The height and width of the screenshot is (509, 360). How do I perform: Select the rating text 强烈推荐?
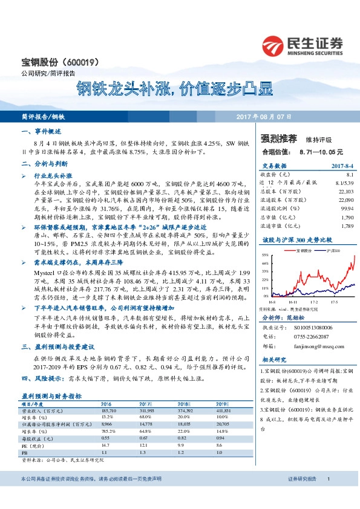(x=278, y=138)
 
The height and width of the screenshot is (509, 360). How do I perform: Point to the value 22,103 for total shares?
(x=345, y=191)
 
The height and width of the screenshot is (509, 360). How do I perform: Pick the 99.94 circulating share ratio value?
(x=346, y=207)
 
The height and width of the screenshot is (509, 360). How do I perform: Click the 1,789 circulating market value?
(x=346, y=226)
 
